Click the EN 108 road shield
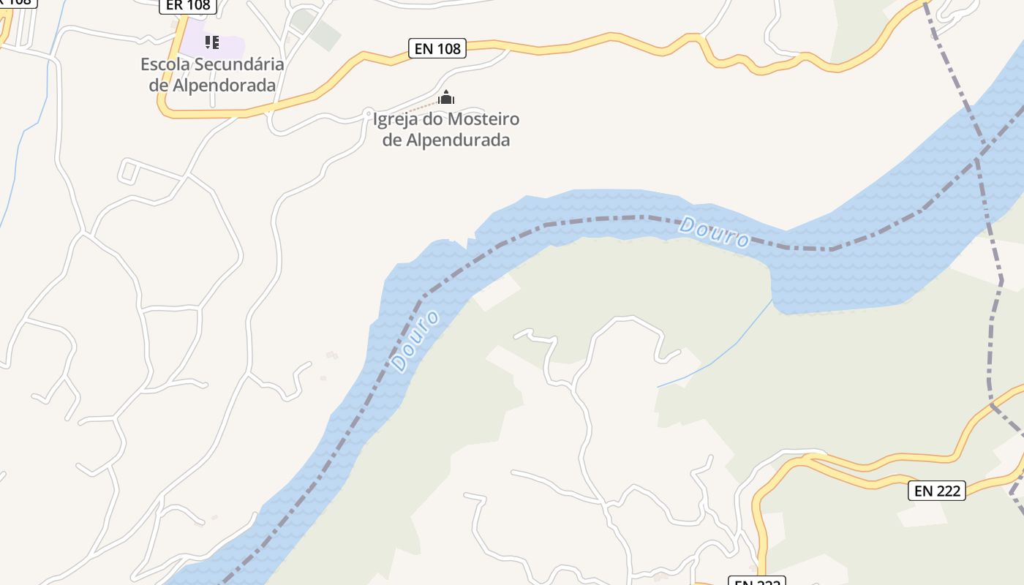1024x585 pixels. pos(437,49)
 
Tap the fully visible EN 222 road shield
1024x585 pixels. pos(937,491)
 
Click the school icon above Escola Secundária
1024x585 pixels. pos(212,42)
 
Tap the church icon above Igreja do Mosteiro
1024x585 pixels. pos(446,98)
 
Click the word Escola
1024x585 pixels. pos(162,64)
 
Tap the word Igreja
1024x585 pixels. pos(397,119)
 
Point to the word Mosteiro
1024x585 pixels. pos(483,119)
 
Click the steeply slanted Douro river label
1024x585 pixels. pos(415,341)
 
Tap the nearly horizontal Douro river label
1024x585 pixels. pos(714,233)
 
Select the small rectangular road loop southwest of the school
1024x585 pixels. pos(129,172)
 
